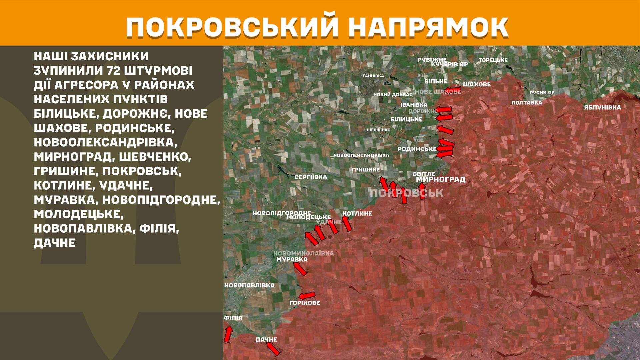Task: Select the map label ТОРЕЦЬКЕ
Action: [x=493, y=60]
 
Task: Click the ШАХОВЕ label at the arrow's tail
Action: [x=477, y=85]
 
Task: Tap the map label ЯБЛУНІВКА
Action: [x=602, y=108]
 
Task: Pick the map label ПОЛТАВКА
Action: [x=527, y=103]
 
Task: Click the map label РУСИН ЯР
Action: [x=542, y=93]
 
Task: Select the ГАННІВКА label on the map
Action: [x=373, y=76]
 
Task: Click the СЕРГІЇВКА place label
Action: [x=311, y=177]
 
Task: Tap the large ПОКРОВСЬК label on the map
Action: [x=407, y=193]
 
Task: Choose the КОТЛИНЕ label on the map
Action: [x=357, y=213]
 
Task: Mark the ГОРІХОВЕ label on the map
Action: [x=304, y=303]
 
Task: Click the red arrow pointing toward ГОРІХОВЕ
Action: [x=307, y=295]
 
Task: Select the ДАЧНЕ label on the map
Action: [x=266, y=340]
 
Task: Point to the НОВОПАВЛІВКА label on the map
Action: [x=249, y=286]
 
